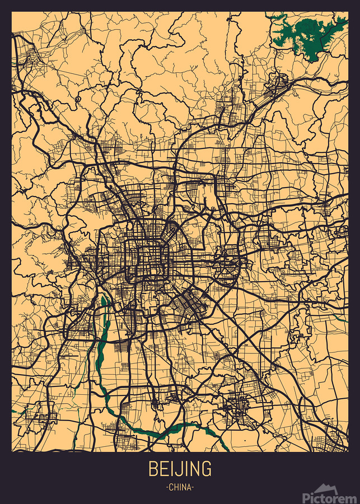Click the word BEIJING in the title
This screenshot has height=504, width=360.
pos(180,469)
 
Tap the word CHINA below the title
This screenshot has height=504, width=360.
pos(180,488)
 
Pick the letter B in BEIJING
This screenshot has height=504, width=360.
pos(153,469)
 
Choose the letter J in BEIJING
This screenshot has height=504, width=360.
pos(179,469)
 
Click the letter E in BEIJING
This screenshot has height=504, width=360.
pos(165,469)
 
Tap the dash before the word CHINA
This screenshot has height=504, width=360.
pos(167,488)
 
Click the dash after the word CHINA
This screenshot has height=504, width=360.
pos(193,488)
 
